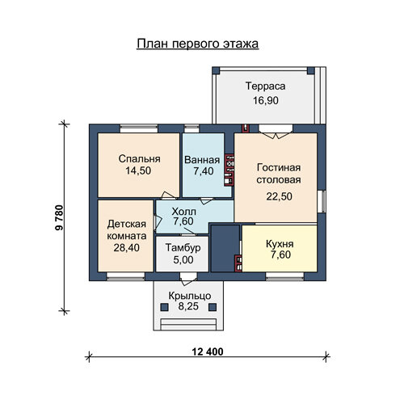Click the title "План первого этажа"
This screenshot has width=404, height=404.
(198, 44)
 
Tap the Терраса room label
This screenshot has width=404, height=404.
(265, 86)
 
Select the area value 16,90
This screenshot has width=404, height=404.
(266, 100)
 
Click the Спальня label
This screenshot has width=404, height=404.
(139, 158)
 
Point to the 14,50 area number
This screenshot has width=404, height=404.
(138, 170)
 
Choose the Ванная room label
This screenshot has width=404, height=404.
(202, 160)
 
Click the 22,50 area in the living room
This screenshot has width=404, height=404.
(279, 196)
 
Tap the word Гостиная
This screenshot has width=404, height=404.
(279, 167)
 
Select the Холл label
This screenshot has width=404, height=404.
(184, 212)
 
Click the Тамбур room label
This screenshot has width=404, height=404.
(183, 247)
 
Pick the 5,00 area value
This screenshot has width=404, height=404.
(183, 260)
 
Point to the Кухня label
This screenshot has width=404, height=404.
(280, 244)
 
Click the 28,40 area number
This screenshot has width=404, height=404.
(126, 248)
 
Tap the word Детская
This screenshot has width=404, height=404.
(127, 224)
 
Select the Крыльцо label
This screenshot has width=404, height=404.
(190, 296)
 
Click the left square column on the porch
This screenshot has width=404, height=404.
(165, 307)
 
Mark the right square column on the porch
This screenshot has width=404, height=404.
(213, 307)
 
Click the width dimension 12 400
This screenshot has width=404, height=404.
(208, 351)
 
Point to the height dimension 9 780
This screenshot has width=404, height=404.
(59, 217)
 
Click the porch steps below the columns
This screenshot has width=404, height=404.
(188, 324)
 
